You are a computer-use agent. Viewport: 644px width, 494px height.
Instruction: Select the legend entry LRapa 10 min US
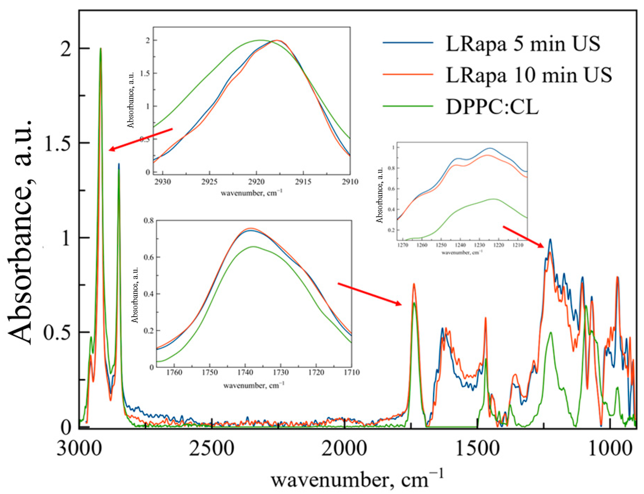[x=528, y=75]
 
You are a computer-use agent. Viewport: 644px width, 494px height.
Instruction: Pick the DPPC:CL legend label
[x=492, y=107]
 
